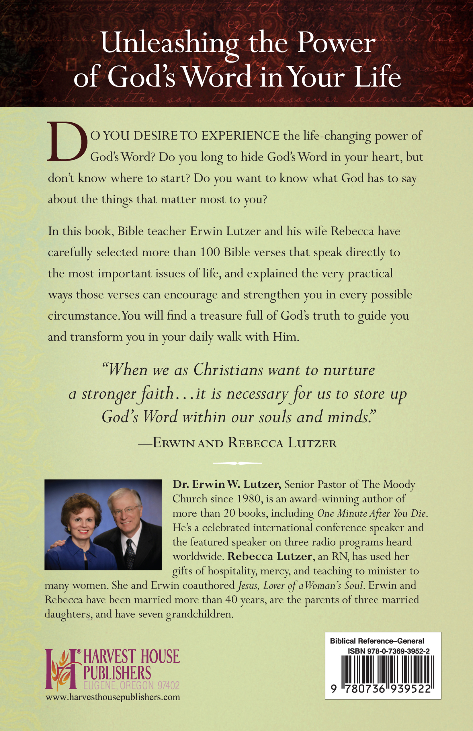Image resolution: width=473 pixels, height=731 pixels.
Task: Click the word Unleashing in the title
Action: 169,44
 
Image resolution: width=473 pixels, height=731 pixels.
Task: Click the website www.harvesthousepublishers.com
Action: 113,697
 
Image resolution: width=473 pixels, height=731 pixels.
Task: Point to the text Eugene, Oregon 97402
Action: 132,685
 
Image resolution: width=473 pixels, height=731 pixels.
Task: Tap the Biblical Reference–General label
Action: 377,641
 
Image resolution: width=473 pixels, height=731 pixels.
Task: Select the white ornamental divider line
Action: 237,463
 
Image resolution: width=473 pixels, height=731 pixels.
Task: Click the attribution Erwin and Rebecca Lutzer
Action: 245,443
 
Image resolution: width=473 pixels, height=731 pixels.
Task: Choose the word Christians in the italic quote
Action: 228,370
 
